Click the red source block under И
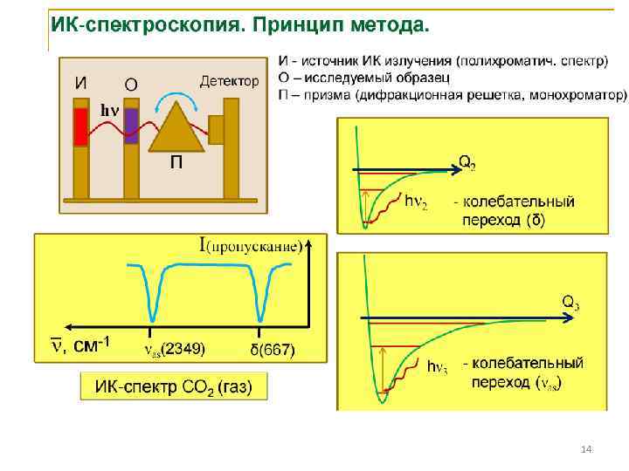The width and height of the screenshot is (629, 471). point(80,126)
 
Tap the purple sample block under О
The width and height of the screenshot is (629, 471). point(131,126)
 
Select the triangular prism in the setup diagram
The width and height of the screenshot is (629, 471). point(179,126)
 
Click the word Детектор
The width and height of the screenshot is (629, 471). point(230,81)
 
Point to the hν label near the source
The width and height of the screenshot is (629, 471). point(108,110)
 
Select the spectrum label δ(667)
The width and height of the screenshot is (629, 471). point(273,350)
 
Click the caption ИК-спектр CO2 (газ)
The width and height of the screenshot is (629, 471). point(174,387)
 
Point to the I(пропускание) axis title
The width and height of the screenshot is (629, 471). point(251,245)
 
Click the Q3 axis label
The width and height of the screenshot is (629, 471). point(570,303)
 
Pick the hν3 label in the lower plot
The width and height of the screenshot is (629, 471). point(438,367)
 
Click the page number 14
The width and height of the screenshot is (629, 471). point(586,448)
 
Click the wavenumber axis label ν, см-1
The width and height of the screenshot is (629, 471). point(78,345)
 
